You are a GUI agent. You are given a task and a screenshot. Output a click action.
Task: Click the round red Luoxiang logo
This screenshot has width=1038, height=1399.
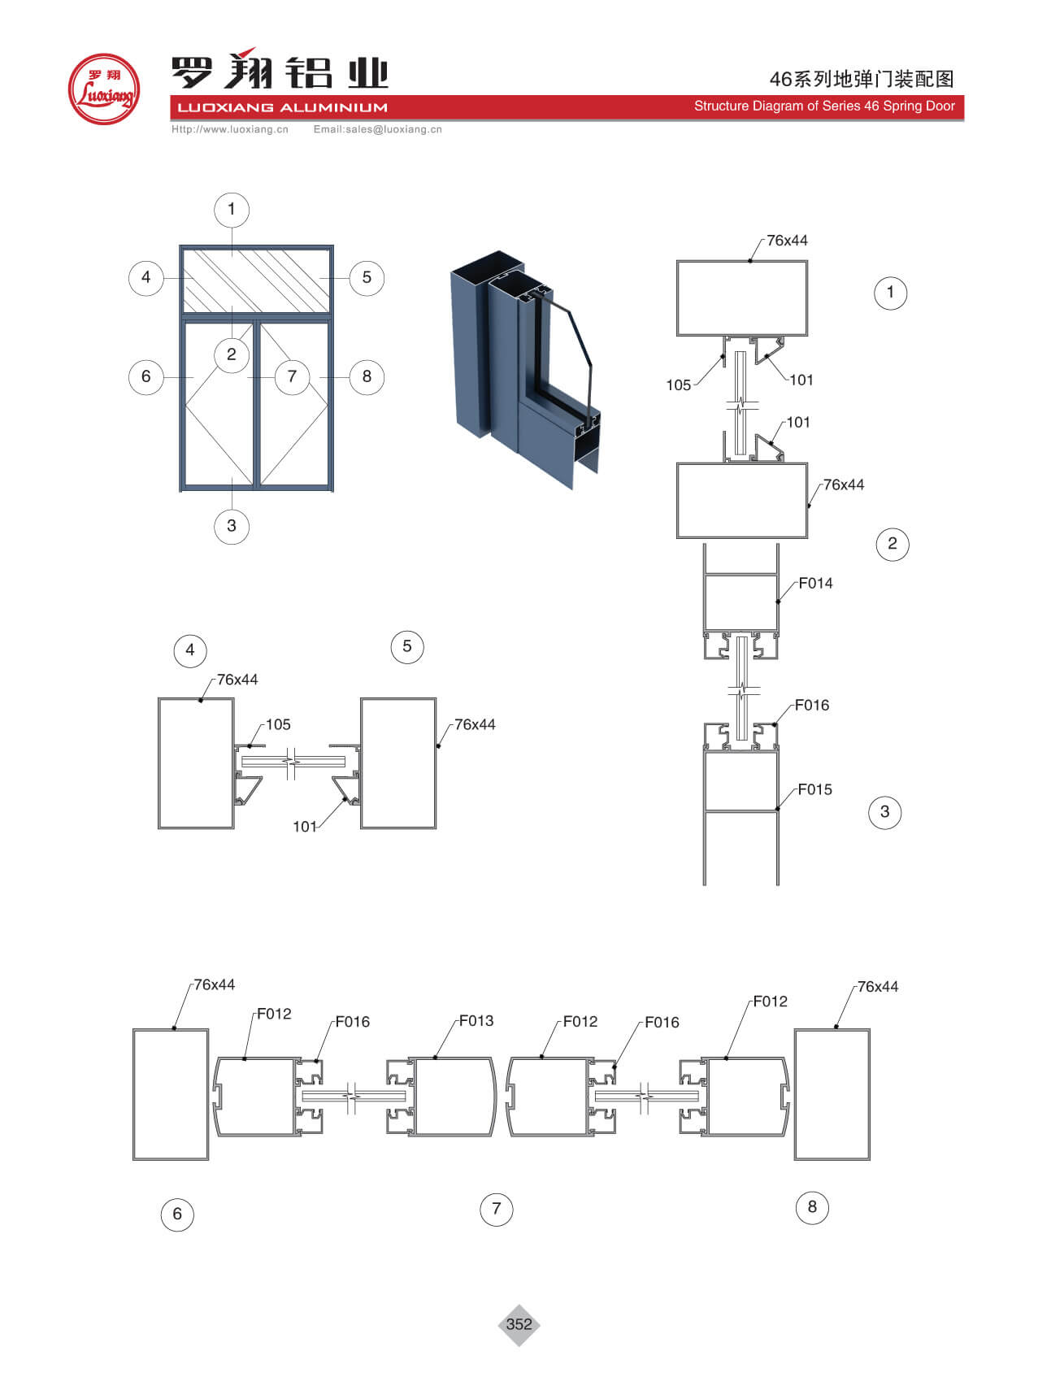(104, 89)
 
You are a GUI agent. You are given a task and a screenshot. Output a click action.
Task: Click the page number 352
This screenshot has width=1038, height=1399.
(519, 1324)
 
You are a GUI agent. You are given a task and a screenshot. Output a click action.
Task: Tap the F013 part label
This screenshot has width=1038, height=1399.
(476, 1020)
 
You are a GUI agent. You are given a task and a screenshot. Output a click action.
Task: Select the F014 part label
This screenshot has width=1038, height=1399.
(815, 583)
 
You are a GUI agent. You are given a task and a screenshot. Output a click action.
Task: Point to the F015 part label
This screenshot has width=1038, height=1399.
(814, 789)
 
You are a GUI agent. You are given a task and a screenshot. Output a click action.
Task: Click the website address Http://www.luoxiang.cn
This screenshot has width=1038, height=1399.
(230, 129)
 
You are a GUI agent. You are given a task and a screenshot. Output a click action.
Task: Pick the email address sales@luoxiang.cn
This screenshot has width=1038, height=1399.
(393, 129)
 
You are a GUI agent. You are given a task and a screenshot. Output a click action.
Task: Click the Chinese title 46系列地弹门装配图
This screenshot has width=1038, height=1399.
(862, 79)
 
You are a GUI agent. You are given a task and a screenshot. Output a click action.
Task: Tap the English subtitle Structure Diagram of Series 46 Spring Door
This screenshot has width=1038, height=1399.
(824, 106)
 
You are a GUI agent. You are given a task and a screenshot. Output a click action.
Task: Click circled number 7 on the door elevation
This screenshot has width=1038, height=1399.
(292, 376)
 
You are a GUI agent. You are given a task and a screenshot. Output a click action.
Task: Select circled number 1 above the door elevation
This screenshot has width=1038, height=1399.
(232, 210)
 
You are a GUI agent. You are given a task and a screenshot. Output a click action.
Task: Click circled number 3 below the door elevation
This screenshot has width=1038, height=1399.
(232, 526)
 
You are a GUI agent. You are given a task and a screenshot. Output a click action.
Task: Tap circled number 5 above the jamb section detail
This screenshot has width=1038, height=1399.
(407, 646)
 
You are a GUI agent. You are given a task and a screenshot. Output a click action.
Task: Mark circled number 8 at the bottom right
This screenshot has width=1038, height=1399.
(812, 1207)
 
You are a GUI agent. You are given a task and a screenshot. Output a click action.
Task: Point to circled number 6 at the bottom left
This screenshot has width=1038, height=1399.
(177, 1214)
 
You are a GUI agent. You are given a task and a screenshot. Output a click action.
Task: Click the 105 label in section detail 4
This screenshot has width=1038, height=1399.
(278, 724)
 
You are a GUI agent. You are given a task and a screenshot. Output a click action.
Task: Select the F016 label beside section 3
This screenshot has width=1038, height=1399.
(812, 705)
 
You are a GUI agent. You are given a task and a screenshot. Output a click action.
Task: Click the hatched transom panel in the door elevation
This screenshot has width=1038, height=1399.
(256, 280)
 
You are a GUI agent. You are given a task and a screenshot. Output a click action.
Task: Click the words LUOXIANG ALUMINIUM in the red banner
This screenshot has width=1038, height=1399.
(282, 107)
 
